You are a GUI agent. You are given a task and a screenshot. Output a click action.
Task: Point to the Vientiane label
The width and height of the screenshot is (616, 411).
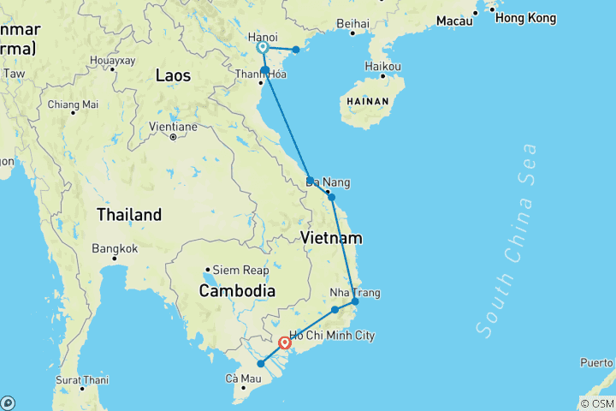point(173,127)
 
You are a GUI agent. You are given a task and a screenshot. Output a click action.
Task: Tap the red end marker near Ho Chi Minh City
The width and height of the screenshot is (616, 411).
point(285,344)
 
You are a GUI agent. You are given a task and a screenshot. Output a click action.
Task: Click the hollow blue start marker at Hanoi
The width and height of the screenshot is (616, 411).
point(263,49)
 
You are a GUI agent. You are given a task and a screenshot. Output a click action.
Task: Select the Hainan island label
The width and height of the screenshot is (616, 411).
point(369,101)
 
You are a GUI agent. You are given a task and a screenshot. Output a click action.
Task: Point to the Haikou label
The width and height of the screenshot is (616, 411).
point(382,66)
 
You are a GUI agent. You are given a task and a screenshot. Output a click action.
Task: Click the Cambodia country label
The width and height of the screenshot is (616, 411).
point(237,291)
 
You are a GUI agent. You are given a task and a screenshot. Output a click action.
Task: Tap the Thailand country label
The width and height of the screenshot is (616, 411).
point(128,214)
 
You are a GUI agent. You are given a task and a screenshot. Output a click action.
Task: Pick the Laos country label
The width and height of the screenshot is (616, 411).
point(173,75)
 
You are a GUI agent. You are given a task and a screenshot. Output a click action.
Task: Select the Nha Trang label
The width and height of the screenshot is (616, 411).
point(355,293)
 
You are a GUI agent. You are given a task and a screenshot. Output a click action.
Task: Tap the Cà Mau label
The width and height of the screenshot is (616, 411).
point(243,378)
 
